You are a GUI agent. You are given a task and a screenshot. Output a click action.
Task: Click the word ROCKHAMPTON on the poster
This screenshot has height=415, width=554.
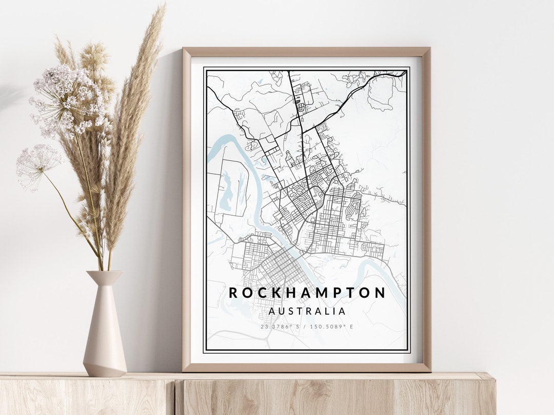point(307,293)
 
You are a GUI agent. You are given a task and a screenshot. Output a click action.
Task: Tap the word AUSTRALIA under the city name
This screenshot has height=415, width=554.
point(307,311)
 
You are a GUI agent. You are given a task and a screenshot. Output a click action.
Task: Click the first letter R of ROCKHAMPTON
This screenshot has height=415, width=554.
point(233,293)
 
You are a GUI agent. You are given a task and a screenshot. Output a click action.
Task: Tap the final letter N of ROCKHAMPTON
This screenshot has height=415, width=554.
point(380,293)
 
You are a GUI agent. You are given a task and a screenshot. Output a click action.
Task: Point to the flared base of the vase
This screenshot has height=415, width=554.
point(105,366)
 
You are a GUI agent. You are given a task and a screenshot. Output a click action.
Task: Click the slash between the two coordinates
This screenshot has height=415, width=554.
point(307,326)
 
